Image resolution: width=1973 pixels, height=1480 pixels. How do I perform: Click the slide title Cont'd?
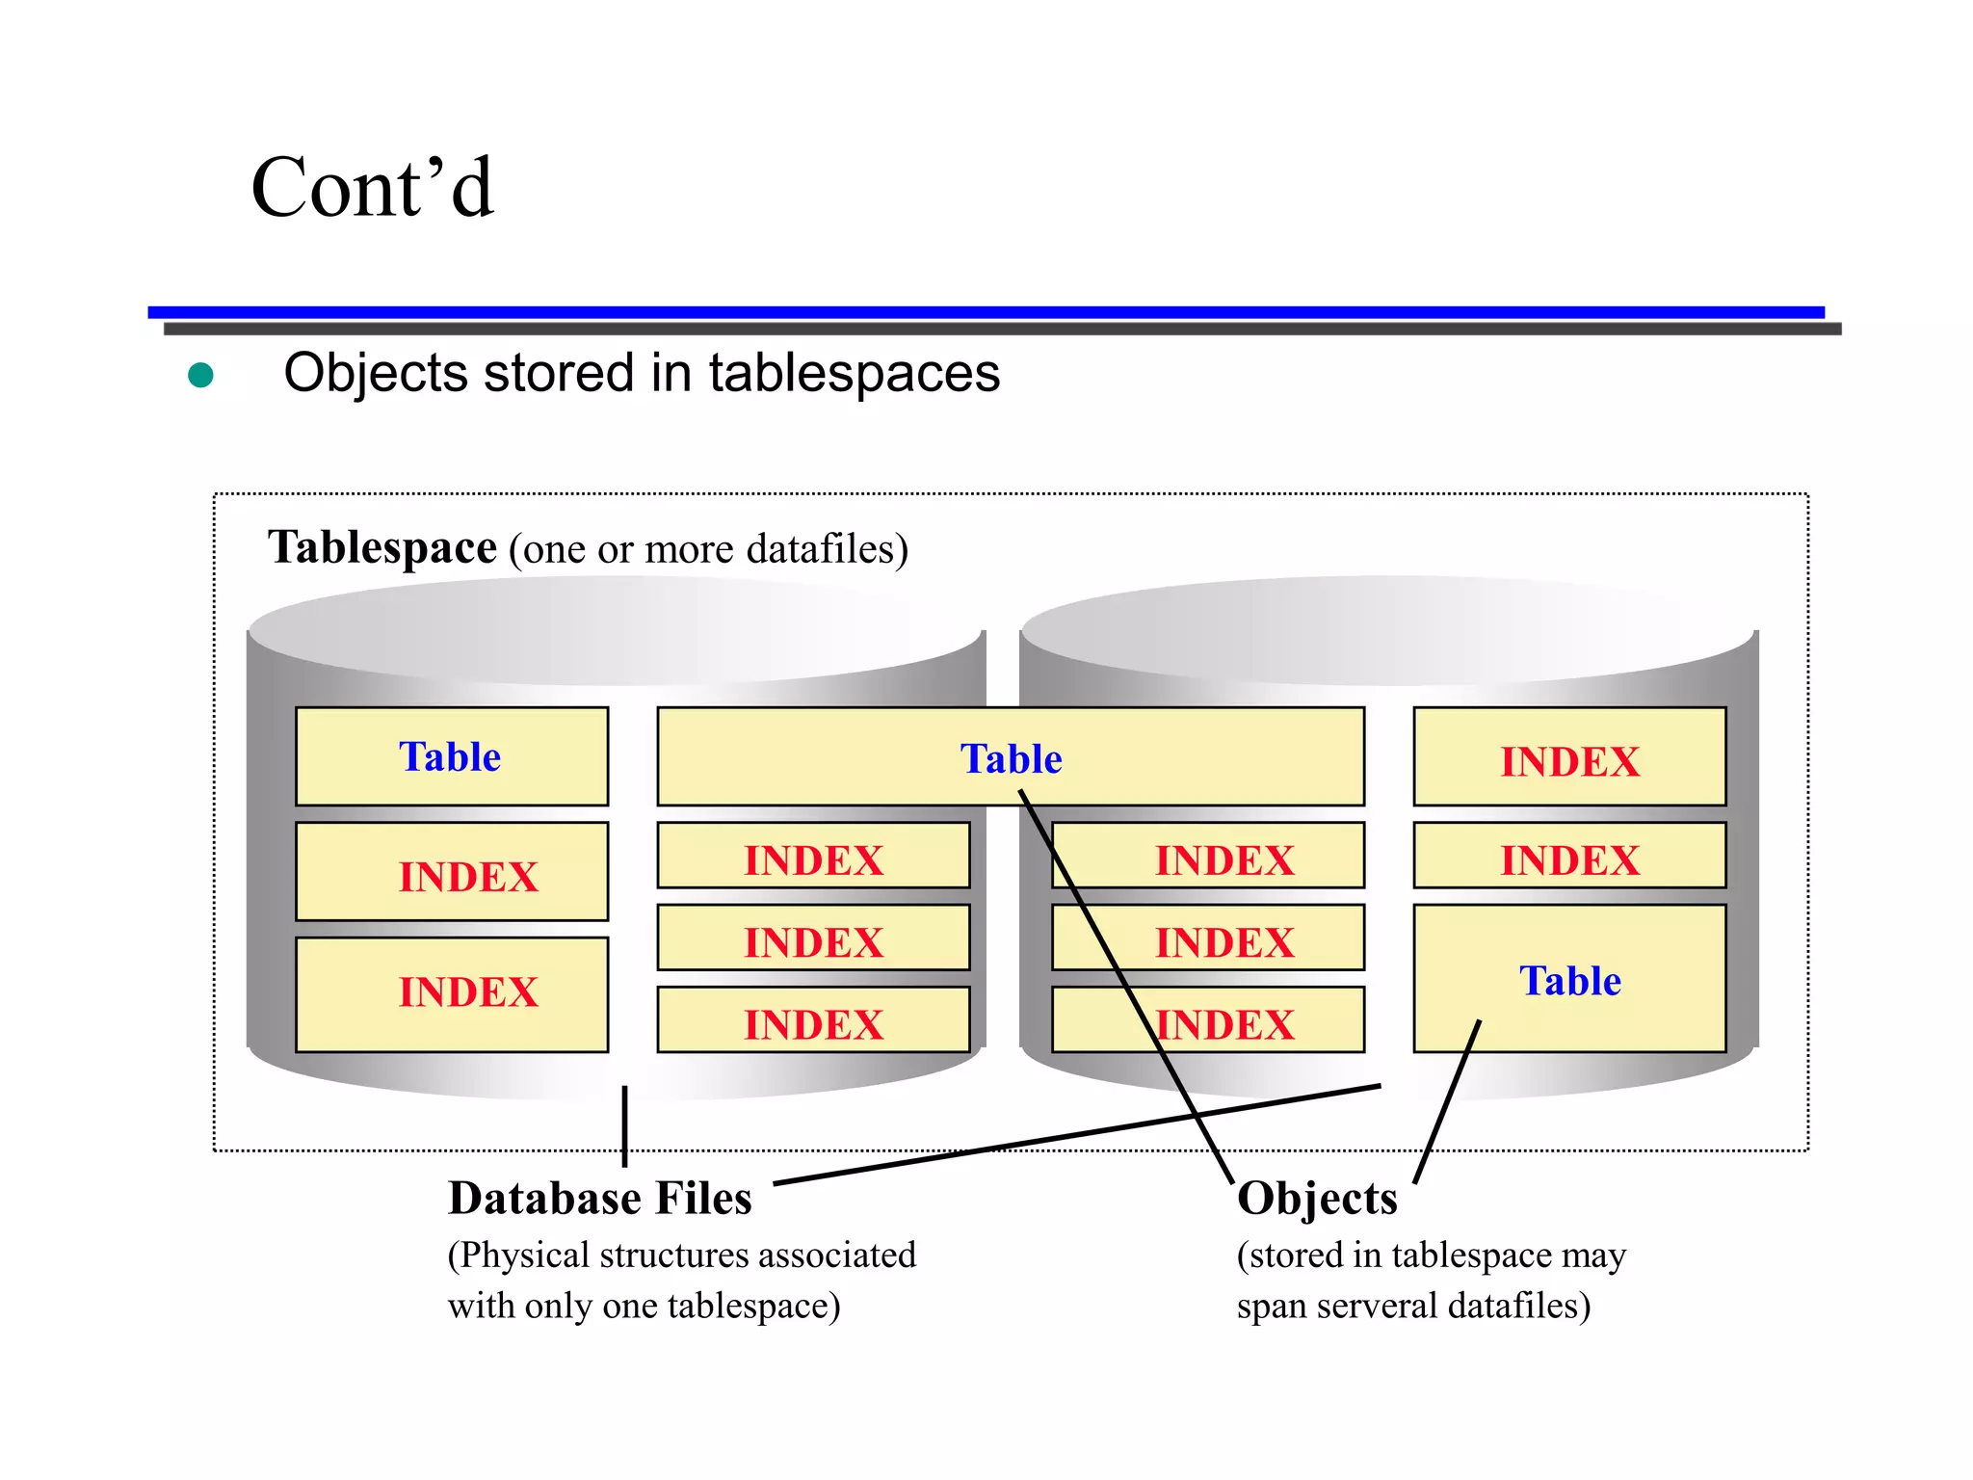372,188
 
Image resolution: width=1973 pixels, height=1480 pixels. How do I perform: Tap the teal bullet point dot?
200,375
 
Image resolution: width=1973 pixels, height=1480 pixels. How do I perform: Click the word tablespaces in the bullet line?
854,374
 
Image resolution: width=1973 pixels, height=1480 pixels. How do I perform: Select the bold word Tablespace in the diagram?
381,548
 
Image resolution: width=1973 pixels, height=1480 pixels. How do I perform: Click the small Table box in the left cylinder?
451,757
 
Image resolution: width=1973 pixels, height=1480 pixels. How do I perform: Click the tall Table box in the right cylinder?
1568,979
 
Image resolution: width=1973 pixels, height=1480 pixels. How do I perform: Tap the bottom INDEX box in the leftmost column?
451,993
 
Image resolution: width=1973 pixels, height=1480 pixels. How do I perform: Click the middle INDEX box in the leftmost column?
451,873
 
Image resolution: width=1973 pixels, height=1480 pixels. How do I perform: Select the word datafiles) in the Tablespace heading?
827,549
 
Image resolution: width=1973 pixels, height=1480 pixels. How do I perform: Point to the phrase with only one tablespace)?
644,1306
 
